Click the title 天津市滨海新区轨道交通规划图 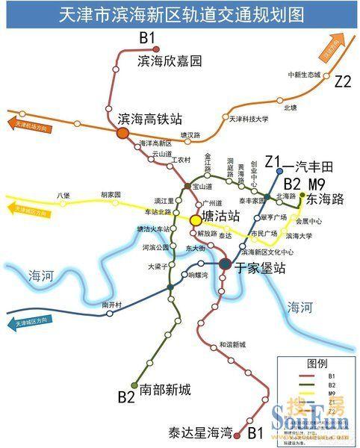tap(180, 13)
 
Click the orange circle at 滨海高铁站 tap(122, 133)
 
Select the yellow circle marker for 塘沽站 tap(195, 220)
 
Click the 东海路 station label tap(325, 199)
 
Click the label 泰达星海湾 tap(201, 432)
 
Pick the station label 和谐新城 tap(232, 345)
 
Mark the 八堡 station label tap(63, 196)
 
